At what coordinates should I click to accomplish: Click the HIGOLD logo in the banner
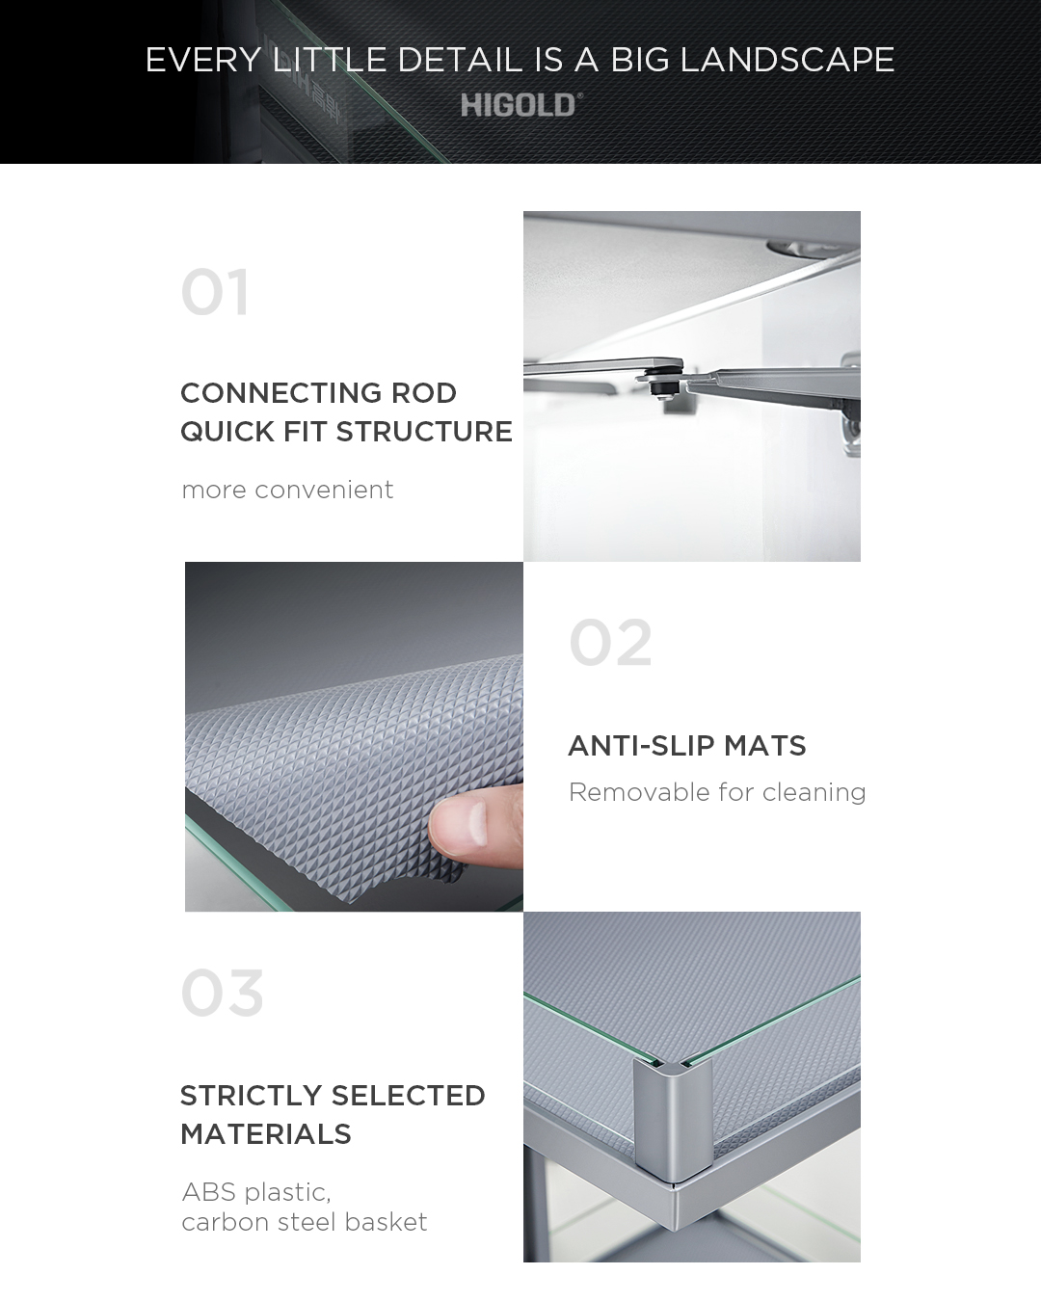click(521, 105)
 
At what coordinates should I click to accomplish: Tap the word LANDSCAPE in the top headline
click(787, 60)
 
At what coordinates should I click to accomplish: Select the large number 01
click(215, 292)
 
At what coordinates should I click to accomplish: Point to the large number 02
click(610, 642)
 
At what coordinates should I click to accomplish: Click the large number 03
click(222, 993)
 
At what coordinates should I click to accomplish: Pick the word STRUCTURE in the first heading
click(424, 432)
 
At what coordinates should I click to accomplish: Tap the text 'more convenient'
click(287, 490)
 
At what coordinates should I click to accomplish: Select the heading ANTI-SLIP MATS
click(687, 745)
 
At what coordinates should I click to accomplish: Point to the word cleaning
click(814, 793)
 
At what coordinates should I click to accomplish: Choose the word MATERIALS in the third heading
click(265, 1134)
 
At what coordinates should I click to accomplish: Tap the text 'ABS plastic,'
click(255, 1193)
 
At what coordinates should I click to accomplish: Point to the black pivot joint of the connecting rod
click(659, 381)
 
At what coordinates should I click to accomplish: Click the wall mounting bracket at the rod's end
click(849, 402)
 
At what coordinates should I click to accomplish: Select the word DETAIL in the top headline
click(459, 60)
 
